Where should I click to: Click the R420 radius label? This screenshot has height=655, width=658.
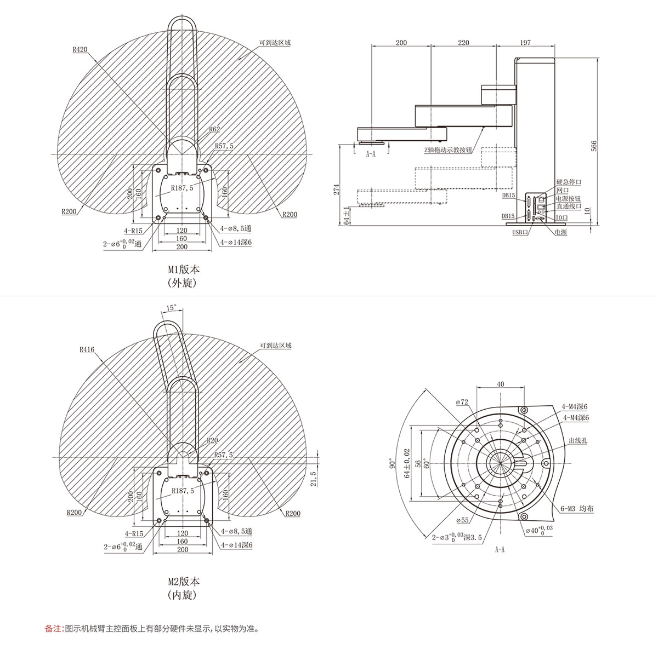coord(80,49)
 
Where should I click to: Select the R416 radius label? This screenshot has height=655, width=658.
coord(87,349)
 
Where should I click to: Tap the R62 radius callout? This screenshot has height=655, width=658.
coord(214,129)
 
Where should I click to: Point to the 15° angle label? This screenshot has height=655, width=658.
coord(171,308)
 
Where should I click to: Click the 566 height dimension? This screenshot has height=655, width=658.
coord(594,146)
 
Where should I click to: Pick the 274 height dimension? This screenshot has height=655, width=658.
coord(337,189)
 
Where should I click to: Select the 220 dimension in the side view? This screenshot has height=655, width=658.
coord(463,43)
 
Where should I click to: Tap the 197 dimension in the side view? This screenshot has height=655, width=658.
coord(525,43)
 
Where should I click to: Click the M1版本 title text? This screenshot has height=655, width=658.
coord(184,269)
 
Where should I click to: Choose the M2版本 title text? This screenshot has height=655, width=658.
coord(184,581)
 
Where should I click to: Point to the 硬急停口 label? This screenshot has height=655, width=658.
coord(569,182)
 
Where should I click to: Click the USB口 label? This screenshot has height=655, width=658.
coord(520,232)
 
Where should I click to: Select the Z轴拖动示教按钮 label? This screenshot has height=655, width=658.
coord(448,150)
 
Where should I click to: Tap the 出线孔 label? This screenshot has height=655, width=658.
coord(578,441)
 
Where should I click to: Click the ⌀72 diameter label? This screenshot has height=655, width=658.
coord(462,402)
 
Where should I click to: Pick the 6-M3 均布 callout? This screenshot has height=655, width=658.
coord(577,518)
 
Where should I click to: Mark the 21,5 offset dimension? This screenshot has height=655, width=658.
coord(314,479)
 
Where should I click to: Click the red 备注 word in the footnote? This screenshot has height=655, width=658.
coord(53,628)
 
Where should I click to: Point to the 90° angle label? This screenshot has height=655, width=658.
coord(393,464)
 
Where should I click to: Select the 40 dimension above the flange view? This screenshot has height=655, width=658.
coord(500,384)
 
